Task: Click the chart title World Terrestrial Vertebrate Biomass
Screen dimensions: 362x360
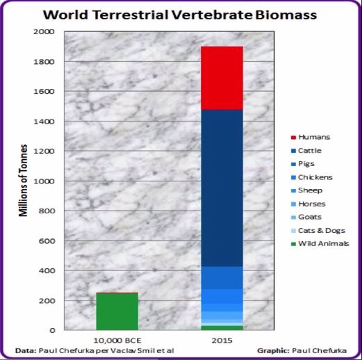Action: (x=180, y=15)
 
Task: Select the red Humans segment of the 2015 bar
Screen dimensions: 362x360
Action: (x=222, y=78)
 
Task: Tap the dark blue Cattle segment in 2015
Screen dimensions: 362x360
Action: (x=222, y=188)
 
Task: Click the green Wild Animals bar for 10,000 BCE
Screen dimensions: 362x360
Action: (x=117, y=311)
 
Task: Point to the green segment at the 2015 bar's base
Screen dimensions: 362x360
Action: (x=222, y=328)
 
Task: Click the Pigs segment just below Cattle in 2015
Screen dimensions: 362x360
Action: (x=222, y=277)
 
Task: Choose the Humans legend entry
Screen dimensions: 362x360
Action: (x=311, y=137)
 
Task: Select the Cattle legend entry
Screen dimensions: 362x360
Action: (x=306, y=151)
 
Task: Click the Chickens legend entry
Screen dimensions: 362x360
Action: (x=311, y=177)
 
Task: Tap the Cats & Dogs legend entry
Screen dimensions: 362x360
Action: (x=318, y=231)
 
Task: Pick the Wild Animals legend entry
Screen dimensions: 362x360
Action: (x=320, y=244)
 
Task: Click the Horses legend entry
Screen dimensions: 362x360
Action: (x=308, y=204)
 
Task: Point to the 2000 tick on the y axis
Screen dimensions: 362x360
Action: (x=44, y=31)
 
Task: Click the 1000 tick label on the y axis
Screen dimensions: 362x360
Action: (x=44, y=181)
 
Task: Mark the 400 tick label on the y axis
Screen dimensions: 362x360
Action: (x=47, y=270)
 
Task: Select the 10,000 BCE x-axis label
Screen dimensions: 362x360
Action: (x=117, y=341)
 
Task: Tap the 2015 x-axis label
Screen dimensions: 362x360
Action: (x=222, y=341)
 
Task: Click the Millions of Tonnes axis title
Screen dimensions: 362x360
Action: (x=23, y=181)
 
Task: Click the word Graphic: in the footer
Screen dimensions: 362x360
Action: (x=273, y=351)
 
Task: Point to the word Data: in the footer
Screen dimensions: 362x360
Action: (x=26, y=350)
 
